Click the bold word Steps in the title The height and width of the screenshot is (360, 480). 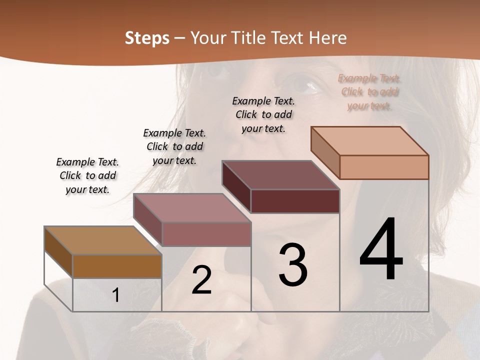147,38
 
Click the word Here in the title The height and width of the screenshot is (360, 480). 328,38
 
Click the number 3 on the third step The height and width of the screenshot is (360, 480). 293,265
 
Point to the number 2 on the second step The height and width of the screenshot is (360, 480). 201,280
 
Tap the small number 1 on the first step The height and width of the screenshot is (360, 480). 116,295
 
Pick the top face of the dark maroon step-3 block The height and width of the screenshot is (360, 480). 280,175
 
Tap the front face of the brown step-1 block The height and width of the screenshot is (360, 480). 117,266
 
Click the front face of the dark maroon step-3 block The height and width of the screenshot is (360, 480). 295,201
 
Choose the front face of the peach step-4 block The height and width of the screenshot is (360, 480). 384,167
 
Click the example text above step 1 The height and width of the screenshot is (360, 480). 87,175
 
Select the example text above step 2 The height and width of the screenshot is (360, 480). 174,146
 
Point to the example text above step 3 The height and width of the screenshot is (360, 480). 263,114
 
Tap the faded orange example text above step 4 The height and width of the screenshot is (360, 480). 369,92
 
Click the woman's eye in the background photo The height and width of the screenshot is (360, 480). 306,83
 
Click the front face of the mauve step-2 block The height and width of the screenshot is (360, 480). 206,234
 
